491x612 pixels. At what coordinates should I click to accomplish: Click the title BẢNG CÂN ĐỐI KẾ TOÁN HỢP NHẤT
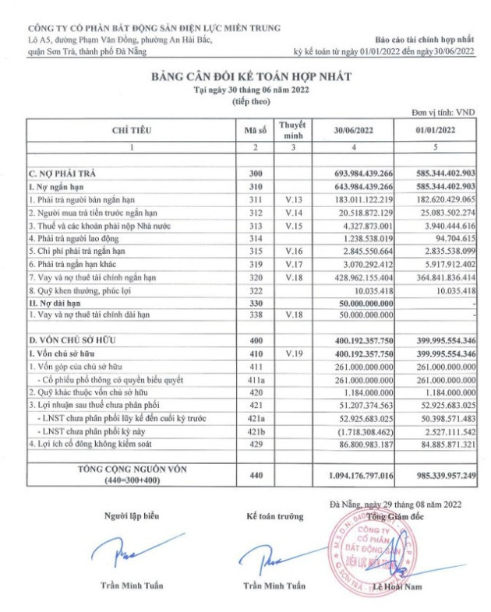pyautogui.click(x=245, y=76)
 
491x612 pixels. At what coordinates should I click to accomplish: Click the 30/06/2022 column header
pyautogui.click(x=355, y=131)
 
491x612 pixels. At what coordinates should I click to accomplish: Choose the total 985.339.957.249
pyautogui.click(x=436, y=474)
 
